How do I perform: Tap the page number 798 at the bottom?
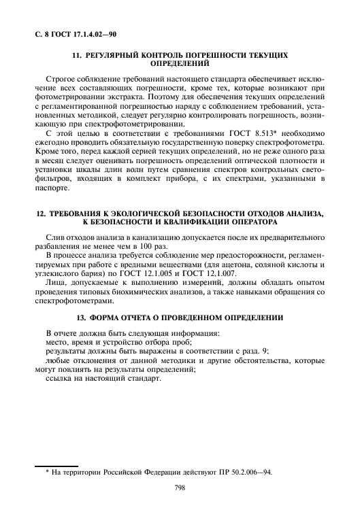point(180,487)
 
